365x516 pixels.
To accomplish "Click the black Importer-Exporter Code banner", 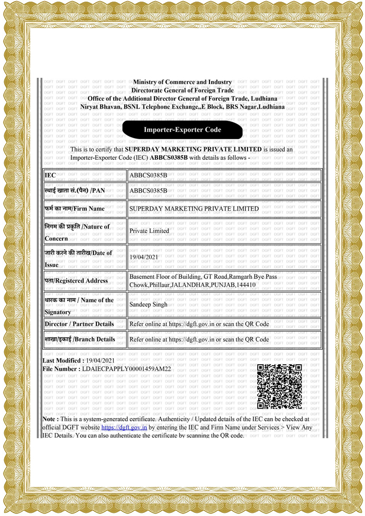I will [x=182, y=130].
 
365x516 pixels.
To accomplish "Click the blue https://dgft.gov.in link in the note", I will [x=124, y=427].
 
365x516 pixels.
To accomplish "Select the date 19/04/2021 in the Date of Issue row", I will [x=144, y=257].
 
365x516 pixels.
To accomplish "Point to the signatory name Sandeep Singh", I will [x=148, y=305].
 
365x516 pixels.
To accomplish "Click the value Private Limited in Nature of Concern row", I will [x=149, y=231].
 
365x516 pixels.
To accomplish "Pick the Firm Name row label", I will [x=75, y=209].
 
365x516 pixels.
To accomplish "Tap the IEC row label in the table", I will [x=50, y=175].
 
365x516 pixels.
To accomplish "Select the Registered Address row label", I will [x=77, y=280].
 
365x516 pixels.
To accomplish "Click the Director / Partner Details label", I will [x=79, y=323].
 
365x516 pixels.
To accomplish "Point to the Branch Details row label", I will [x=80, y=339].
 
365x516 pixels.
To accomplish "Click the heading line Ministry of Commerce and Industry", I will [x=182, y=82].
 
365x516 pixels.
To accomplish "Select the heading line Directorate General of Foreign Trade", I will [x=182, y=90].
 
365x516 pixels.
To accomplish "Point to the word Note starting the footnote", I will [x=50, y=419].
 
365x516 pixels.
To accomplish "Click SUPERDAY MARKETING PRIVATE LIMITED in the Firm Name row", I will [x=194, y=209].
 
